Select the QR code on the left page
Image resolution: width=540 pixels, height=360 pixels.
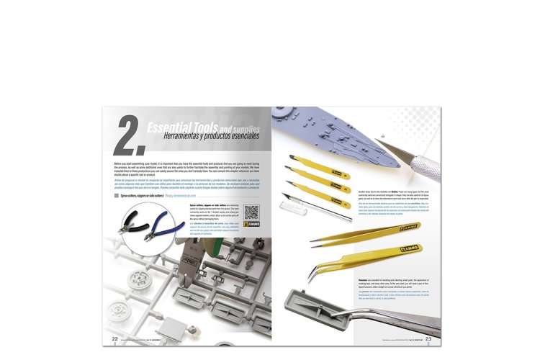click(252, 212)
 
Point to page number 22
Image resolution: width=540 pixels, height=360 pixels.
click(114, 319)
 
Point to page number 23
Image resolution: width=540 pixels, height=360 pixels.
click(428, 319)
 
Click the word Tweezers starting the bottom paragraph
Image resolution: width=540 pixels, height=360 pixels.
click(364, 277)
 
